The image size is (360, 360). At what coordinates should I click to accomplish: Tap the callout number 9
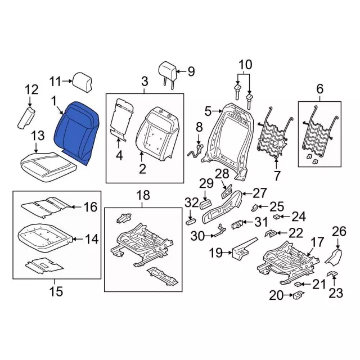coord(191,71)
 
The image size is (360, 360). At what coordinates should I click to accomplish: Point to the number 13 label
coord(37,136)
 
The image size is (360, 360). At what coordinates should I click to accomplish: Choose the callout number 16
coord(91,207)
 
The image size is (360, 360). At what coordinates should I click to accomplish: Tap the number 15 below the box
coord(56,291)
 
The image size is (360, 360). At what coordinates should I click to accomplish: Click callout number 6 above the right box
coord(320,88)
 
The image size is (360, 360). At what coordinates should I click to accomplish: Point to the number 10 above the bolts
coord(244,65)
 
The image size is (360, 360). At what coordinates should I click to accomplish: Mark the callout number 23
coord(335,292)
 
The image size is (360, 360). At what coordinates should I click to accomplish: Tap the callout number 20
coord(276,295)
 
